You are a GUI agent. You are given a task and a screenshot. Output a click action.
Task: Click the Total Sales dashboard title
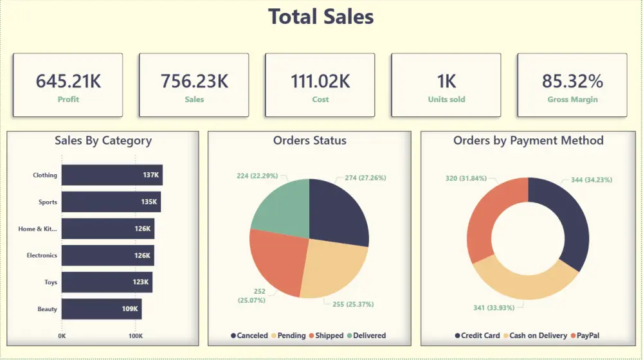click(321, 17)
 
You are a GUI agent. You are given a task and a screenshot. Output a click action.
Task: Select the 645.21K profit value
click(68, 81)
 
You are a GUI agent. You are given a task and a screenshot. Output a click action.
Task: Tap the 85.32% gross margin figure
click(572, 81)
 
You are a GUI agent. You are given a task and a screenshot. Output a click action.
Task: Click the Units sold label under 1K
click(446, 100)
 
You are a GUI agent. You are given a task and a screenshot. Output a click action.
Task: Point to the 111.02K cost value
click(320, 81)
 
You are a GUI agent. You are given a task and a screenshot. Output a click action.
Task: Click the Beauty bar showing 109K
click(102, 309)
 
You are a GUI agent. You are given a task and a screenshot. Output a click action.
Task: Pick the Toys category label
click(50, 282)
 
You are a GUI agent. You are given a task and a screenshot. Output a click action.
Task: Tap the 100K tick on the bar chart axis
click(135, 336)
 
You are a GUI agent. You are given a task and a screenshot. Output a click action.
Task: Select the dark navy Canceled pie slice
click(338, 209)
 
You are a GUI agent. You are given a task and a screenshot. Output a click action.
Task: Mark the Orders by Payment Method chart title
click(528, 140)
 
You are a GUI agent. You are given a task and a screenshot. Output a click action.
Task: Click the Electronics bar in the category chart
click(107, 255)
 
